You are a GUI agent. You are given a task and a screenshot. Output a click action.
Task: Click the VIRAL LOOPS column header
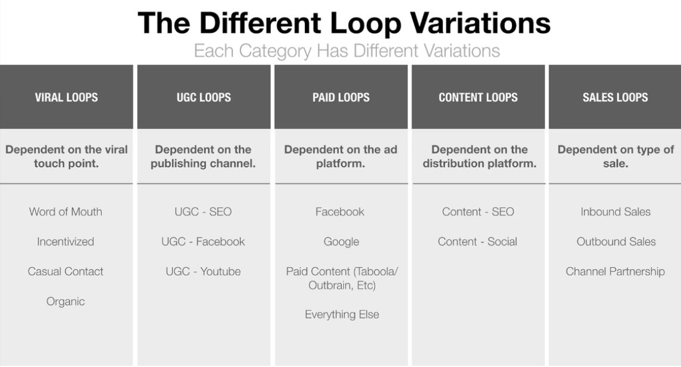pyautogui.click(x=67, y=97)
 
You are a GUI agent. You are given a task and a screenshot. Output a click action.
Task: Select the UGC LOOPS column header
pyautogui.click(x=204, y=97)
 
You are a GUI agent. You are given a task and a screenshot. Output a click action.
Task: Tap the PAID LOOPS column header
pyautogui.click(x=341, y=97)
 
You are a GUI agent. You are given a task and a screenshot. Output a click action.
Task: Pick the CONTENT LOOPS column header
pyautogui.click(x=478, y=97)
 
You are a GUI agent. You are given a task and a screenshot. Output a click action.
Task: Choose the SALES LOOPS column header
pyautogui.click(x=615, y=97)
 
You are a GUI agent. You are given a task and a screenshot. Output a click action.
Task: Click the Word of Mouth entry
pyautogui.click(x=66, y=212)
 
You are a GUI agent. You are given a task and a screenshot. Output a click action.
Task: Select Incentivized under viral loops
pyautogui.click(x=66, y=241)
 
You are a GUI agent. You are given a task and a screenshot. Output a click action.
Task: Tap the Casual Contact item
pyautogui.click(x=66, y=272)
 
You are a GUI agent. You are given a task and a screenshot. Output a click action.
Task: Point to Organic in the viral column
pyautogui.click(x=66, y=302)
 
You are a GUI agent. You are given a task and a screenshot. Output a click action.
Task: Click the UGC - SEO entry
pyautogui.click(x=203, y=212)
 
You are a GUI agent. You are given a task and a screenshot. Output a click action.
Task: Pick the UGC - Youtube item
pyautogui.click(x=203, y=272)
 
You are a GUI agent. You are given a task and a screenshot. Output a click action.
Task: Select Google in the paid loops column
pyautogui.click(x=341, y=241)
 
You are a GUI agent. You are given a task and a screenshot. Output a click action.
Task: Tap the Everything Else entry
pyautogui.click(x=342, y=314)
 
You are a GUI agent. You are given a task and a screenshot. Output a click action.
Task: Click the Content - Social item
pyautogui.click(x=477, y=241)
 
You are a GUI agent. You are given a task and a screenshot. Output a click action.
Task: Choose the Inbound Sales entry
pyautogui.click(x=615, y=212)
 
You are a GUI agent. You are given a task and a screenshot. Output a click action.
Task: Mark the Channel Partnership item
pyautogui.click(x=615, y=272)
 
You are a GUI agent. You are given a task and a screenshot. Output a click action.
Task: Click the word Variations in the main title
pyautogui.click(x=480, y=23)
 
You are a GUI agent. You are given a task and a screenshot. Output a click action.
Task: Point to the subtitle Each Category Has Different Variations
pyautogui.click(x=347, y=51)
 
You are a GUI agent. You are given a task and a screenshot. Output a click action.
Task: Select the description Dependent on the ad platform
pyautogui.click(x=340, y=157)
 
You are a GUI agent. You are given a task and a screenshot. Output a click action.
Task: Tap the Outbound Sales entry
pyautogui.click(x=616, y=241)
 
